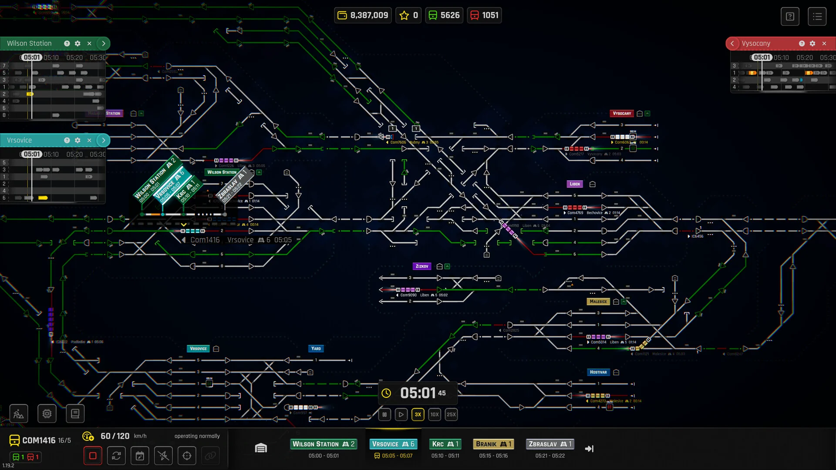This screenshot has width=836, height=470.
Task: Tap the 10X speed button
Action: (x=435, y=414)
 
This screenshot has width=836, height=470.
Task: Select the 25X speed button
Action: (x=451, y=414)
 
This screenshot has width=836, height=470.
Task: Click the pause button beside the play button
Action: (x=384, y=414)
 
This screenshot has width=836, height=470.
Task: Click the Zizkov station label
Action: (x=421, y=266)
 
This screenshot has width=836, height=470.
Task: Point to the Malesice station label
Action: (x=598, y=302)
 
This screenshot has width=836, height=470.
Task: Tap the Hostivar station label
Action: (x=598, y=372)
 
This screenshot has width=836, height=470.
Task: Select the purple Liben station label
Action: (x=575, y=184)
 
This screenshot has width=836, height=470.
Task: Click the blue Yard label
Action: (x=316, y=349)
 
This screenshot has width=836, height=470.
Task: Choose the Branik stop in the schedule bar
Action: (x=493, y=444)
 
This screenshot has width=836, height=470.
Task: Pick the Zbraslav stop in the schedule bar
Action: (x=549, y=444)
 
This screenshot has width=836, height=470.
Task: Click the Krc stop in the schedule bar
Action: (x=445, y=444)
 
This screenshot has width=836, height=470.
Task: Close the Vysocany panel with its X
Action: (x=824, y=44)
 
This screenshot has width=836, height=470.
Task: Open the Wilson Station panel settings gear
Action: (x=78, y=44)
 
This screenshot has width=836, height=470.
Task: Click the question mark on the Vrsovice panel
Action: (x=67, y=140)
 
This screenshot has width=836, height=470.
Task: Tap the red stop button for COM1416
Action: (x=93, y=456)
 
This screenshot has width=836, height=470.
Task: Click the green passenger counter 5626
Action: (x=444, y=15)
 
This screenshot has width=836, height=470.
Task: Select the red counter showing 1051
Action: (x=484, y=15)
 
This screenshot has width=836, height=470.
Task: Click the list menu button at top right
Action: (x=817, y=17)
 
